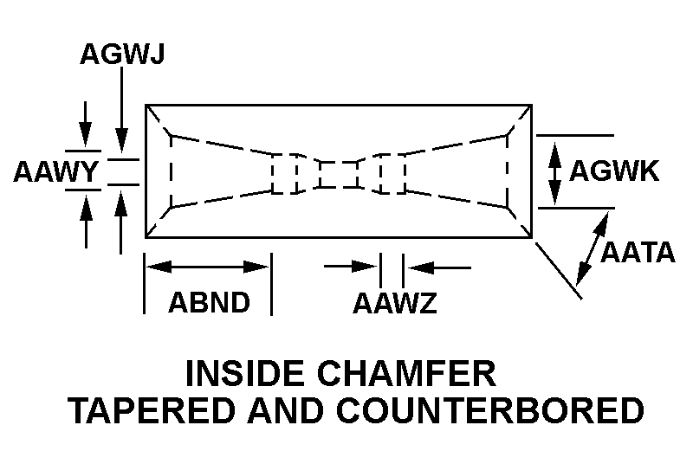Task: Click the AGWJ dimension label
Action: click(x=122, y=55)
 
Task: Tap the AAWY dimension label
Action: click(x=55, y=172)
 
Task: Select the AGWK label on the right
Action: click(x=614, y=171)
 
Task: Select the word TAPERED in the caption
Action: click(x=144, y=409)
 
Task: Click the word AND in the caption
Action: click(x=272, y=409)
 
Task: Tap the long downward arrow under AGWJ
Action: click(x=122, y=108)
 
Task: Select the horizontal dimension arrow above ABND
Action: click(x=207, y=267)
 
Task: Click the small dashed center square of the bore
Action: click(x=338, y=174)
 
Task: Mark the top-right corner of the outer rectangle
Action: click(x=531, y=106)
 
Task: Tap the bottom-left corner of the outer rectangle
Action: click(x=146, y=237)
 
